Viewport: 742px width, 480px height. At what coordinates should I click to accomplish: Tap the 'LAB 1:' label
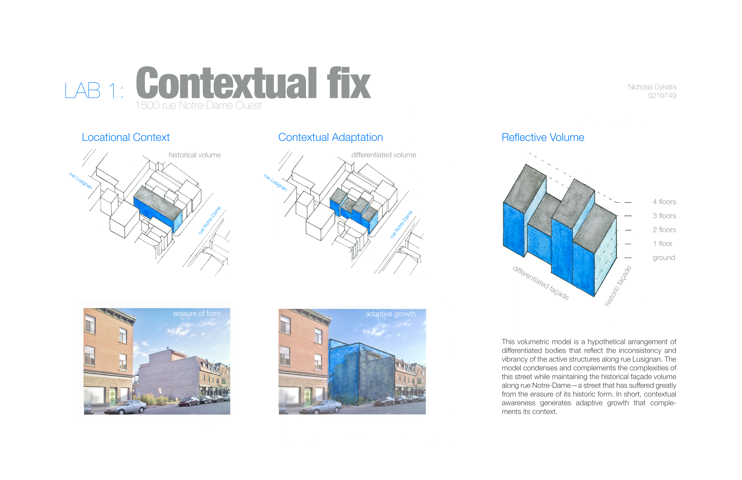pyautogui.click(x=94, y=91)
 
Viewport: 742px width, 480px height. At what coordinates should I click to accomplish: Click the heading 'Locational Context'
pyautogui.click(x=126, y=137)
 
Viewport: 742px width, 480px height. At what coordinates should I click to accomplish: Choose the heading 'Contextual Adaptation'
pyautogui.click(x=330, y=137)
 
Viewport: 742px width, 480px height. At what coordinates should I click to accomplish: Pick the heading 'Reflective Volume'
pyautogui.click(x=543, y=137)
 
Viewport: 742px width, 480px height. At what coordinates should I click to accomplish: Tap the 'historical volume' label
pyautogui.click(x=195, y=155)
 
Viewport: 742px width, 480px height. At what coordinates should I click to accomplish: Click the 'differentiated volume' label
pyautogui.click(x=384, y=155)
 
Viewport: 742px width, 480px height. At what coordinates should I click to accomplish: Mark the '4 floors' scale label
pyautogui.click(x=664, y=202)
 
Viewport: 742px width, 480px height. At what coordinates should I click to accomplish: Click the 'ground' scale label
pyautogui.click(x=664, y=258)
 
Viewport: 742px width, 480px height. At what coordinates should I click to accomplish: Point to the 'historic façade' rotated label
pyautogui.click(x=618, y=286)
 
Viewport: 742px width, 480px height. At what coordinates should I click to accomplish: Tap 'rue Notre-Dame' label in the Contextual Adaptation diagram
pyautogui.click(x=401, y=224)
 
